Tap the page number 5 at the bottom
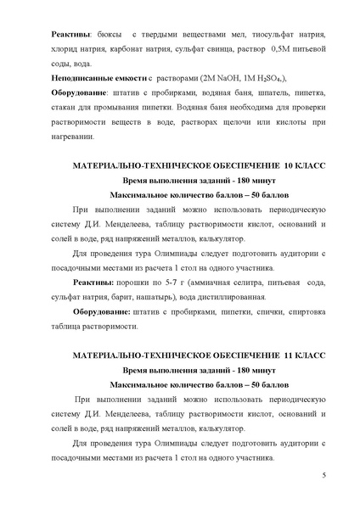[x=324, y=484]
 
